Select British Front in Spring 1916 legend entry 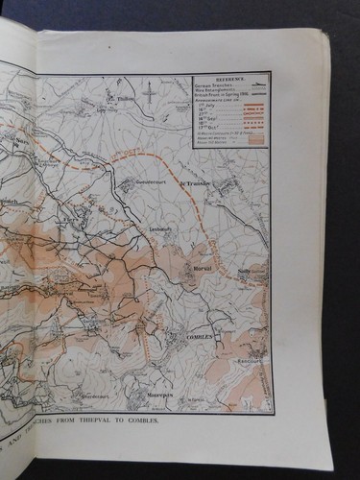[222, 101]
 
